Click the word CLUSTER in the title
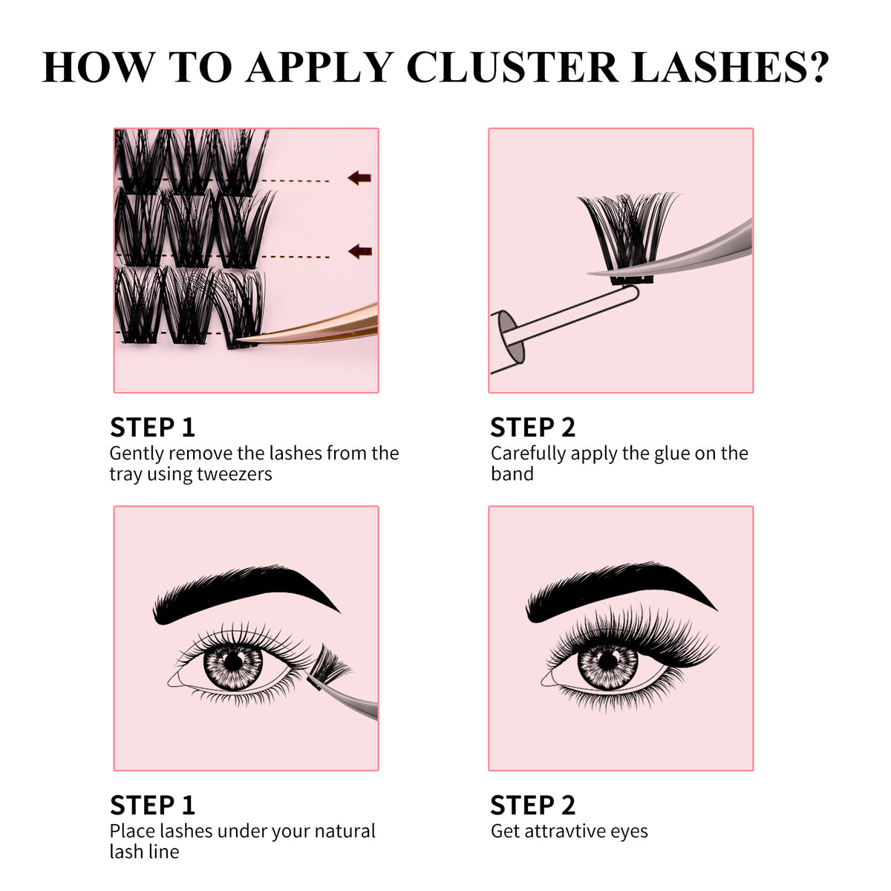pyautogui.click(x=512, y=67)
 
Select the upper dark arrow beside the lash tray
pyautogui.click(x=359, y=177)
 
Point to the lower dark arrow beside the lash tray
pyautogui.click(x=359, y=252)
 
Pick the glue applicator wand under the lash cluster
pyautogui.click(x=564, y=319)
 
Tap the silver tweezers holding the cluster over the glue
pyautogui.click(x=691, y=252)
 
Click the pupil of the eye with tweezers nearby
pyautogui.click(x=234, y=660)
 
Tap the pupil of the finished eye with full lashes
pyautogui.click(x=608, y=660)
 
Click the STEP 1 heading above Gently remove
pyautogui.click(x=152, y=428)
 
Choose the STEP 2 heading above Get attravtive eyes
pyautogui.click(x=532, y=806)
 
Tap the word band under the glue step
pyautogui.click(x=512, y=474)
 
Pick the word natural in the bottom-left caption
pyautogui.click(x=345, y=831)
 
